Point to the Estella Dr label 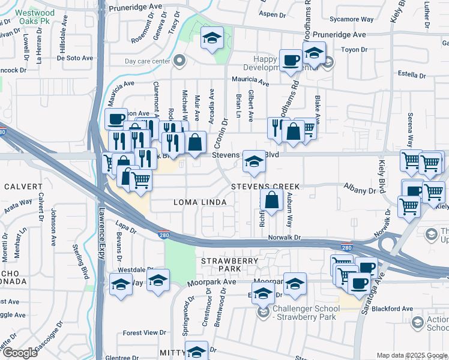click(x=411, y=76)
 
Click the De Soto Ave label click(x=75, y=58)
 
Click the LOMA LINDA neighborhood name click(x=200, y=203)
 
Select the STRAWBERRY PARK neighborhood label click(x=224, y=265)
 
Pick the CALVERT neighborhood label click(x=23, y=187)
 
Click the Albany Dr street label click(x=359, y=190)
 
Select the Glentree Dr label click(x=126, y=356)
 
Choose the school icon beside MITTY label click(x=196, y=351)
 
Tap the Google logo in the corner click(x=19, y=353)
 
